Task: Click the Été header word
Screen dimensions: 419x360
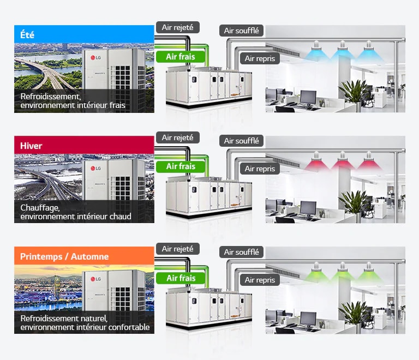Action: pyautogui.click(x=27, y=35)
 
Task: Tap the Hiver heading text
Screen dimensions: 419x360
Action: pyautogui.click(x=31, y=146)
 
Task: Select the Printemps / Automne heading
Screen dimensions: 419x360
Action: pyautogui.click(x=64, y=257)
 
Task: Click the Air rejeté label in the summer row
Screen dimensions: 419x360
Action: pyautogui.click(x=178, y=27)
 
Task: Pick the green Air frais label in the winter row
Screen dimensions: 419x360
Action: pyautogui.click(x=181, y=166)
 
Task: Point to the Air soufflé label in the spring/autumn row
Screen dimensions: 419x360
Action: pyautogui.click(x=241, y=252)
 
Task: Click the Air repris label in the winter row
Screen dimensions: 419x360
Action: pyautogui.click(x=260, y=169)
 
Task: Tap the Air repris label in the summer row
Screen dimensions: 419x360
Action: pyautogui.click(x=260, y=58)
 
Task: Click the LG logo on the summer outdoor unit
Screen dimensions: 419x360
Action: pyautogui.click(x=95, y=58)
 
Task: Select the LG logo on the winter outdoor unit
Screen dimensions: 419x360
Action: pyautogui.click(x=95, y=168)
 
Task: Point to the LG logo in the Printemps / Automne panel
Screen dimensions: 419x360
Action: pyautogui.click(x=95, y=279)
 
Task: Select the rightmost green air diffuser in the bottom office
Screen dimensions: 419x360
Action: pyautogui.click(x=369, y=272)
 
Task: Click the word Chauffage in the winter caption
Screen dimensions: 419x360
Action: pyautogui.click(x=40, y=208)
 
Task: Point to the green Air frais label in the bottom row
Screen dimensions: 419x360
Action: pyautogui.click(x=181, y=278)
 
